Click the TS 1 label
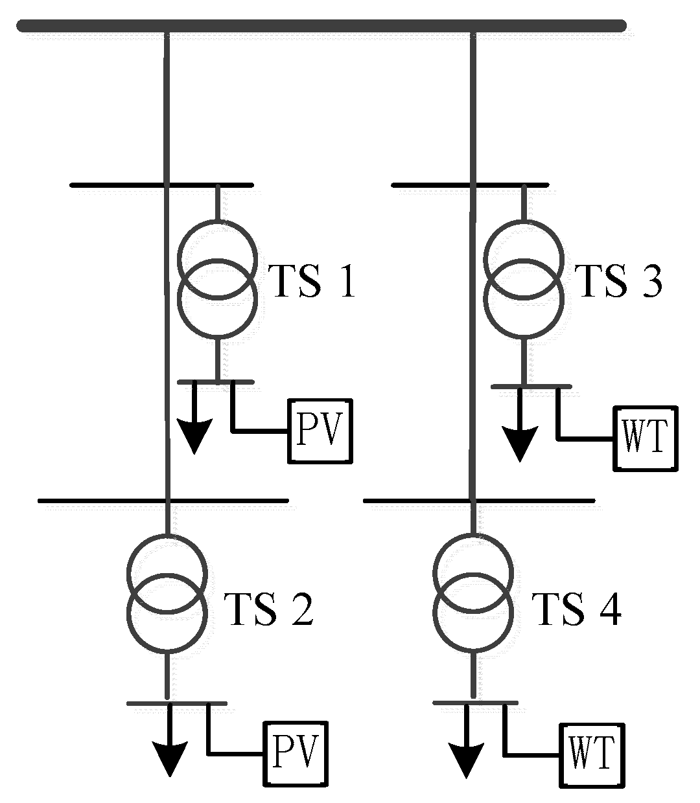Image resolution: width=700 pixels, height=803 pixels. pyautogui.click(x=313, y=281)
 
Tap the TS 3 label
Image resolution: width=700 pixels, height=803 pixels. pyautogui.click(x=620, y=281)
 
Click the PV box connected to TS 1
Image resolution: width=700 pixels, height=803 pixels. pyautogui.click(x=320, y=431)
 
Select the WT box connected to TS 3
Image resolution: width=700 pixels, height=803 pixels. pyautogui.click(x=646, y=438)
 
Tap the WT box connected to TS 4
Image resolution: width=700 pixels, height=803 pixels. pyautogui.click(x=593, y=755)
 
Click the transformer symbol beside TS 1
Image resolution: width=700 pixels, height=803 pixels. pyautogui.click(x=217, y=279)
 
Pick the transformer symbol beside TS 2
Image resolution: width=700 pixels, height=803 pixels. pyautogui.click(x=168, y=593)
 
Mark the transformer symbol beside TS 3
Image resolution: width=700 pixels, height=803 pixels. pyautogui.click(x=524, y=279)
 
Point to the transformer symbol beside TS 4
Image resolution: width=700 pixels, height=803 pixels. pyautogui.click(x=473, y=593)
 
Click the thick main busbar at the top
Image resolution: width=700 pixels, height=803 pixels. pyautogui.click(x=321, y=26)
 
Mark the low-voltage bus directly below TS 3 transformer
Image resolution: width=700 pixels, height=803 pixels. pyautogui.click(x=531, y=387)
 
